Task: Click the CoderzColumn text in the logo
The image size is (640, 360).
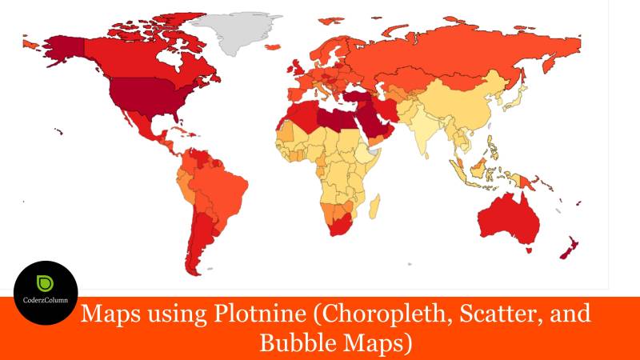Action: [x=46, y=302]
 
